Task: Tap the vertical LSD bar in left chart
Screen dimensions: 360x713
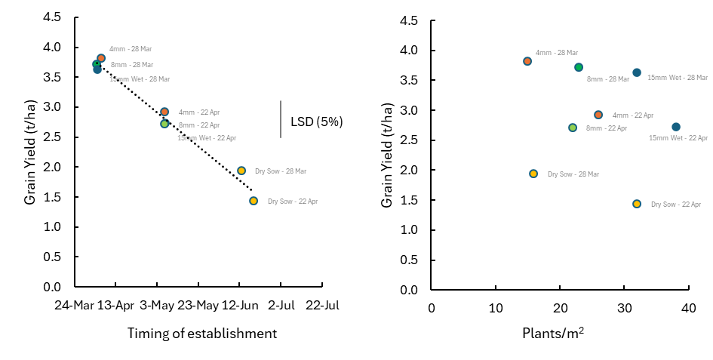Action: (281, 119)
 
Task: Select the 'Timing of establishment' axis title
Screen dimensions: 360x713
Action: (201, 333)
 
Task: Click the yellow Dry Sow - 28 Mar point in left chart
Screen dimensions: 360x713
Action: (241, 171)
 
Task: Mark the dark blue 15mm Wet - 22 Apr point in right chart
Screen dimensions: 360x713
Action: (676, 127)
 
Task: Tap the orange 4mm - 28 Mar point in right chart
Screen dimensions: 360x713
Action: (527, 61)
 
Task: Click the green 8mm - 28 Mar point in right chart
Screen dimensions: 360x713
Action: (579, 67)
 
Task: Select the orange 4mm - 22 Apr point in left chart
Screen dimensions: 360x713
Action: (164, 112)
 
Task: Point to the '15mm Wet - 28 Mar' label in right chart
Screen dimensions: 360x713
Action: (678, 77)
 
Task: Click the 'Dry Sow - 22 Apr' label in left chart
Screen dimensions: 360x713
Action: (293, 202)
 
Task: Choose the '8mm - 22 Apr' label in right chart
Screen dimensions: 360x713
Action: (607, 128)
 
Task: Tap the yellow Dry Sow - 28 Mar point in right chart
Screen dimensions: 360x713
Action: (533, 174)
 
